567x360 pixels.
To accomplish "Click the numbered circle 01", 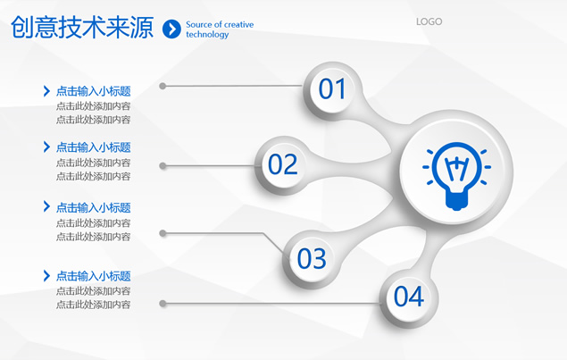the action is point(332,89).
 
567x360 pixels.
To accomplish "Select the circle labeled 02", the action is point(283,164).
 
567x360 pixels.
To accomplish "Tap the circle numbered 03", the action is point(312,259).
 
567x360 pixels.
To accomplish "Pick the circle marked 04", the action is point(409,297).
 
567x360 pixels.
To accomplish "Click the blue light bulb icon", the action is point(456,176).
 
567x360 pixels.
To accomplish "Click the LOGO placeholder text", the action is point(429,21).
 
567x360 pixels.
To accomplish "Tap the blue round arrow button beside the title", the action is point(171,29).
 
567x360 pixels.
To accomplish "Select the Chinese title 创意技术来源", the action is point(82,27).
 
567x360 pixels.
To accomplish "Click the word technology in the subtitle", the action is point(207,35).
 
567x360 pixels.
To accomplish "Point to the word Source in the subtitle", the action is point(199,25).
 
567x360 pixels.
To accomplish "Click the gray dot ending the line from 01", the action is point(163,86).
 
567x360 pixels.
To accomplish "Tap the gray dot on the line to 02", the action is point(163,166).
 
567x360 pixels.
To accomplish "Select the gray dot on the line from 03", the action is point(163,233).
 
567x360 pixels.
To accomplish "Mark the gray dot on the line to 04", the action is point(163,304).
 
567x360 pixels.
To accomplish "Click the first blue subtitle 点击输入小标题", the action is point(93,91).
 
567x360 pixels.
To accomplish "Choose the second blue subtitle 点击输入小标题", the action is point(93,147).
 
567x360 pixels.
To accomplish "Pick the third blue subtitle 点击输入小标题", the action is point(93,207).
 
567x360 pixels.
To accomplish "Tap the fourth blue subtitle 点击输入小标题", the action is point(93,276).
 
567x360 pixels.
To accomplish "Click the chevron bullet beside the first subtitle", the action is point(46,91).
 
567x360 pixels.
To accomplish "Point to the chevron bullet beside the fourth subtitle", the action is point(46,276).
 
